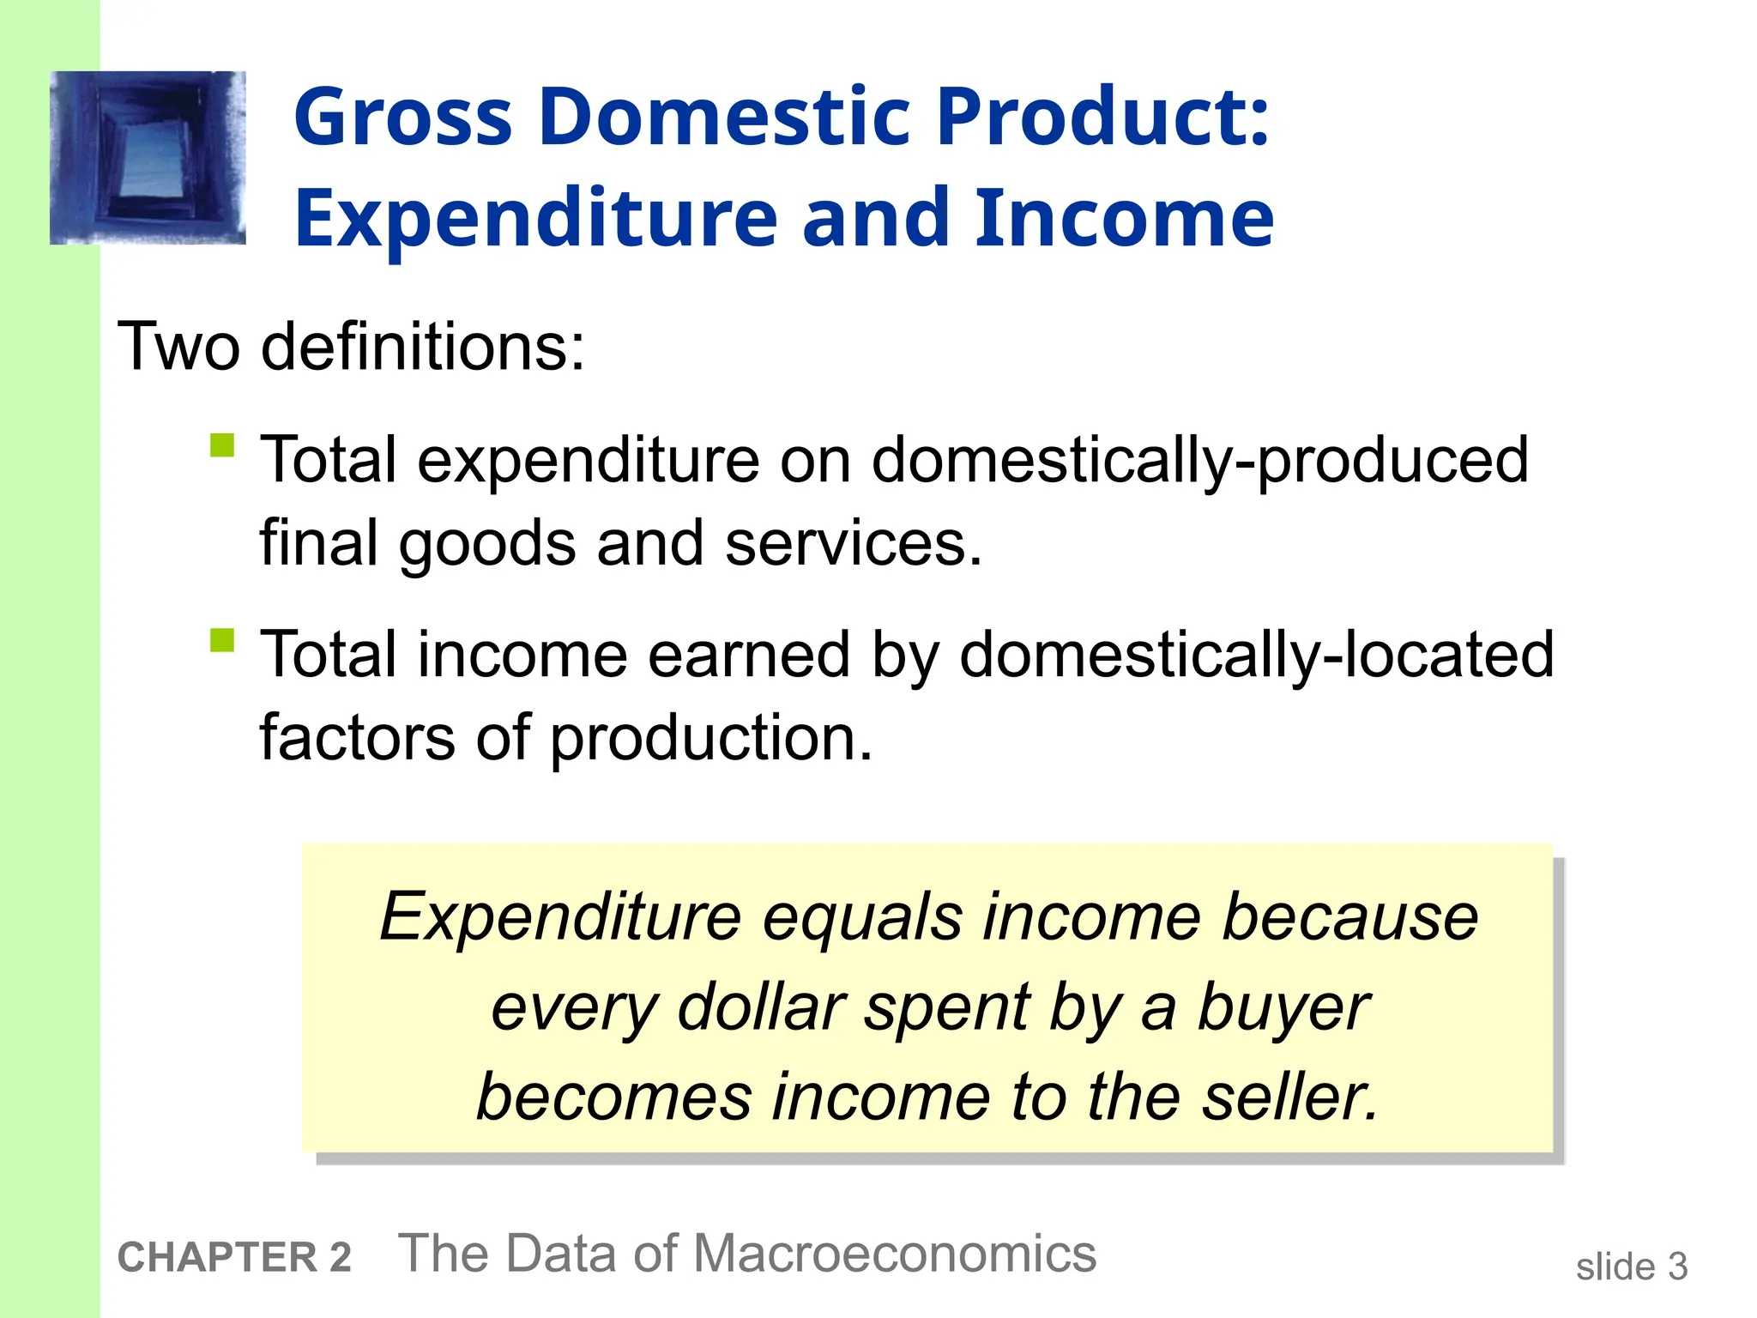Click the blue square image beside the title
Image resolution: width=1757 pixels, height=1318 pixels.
coord(148,158)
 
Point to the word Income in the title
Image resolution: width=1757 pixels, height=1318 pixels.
coord(1124,218)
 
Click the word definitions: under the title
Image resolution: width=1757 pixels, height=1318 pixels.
coord(423,347)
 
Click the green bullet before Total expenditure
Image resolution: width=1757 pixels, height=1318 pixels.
coord(222,446)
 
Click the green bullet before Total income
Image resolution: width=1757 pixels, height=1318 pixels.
coord(222,641)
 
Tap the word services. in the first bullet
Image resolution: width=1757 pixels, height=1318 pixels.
coord(854,544)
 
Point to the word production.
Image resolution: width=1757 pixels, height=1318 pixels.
coord(711,739)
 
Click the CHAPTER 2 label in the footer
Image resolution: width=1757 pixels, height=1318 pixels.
coord(234,1258)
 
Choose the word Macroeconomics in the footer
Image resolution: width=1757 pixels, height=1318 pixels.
coord(894,1255)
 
